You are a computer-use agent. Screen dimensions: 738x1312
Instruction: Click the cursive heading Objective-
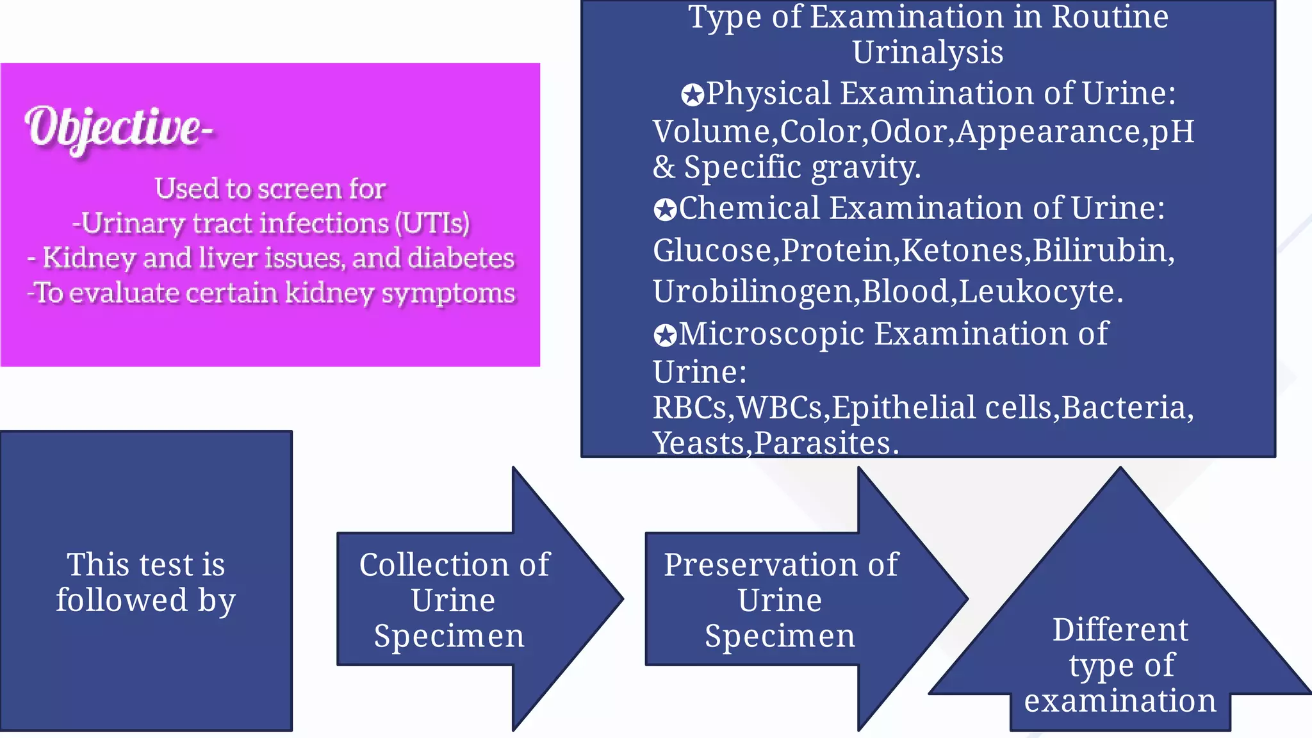click(x=119, y=128)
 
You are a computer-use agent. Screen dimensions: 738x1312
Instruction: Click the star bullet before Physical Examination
click(x=692, y=95)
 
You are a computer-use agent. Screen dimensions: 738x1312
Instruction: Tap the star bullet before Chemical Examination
click(x=665, y=209)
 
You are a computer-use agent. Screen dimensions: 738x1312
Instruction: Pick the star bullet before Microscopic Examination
click(x=665, y=335)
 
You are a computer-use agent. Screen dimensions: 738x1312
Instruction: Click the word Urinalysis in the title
click(x=928, y=53)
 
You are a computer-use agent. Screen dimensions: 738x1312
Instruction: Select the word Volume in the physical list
click(x=711, y=132)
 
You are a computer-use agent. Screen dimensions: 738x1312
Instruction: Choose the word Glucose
click(x=712, y=250)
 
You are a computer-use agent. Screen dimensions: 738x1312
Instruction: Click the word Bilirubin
click(x=1103, y=250)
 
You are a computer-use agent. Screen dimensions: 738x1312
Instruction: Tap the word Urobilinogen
click(x=753, y=292)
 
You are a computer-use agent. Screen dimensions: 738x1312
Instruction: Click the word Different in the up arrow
click(x=1120, y=630)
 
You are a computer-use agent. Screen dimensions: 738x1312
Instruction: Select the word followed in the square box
click(x=122, y=601)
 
